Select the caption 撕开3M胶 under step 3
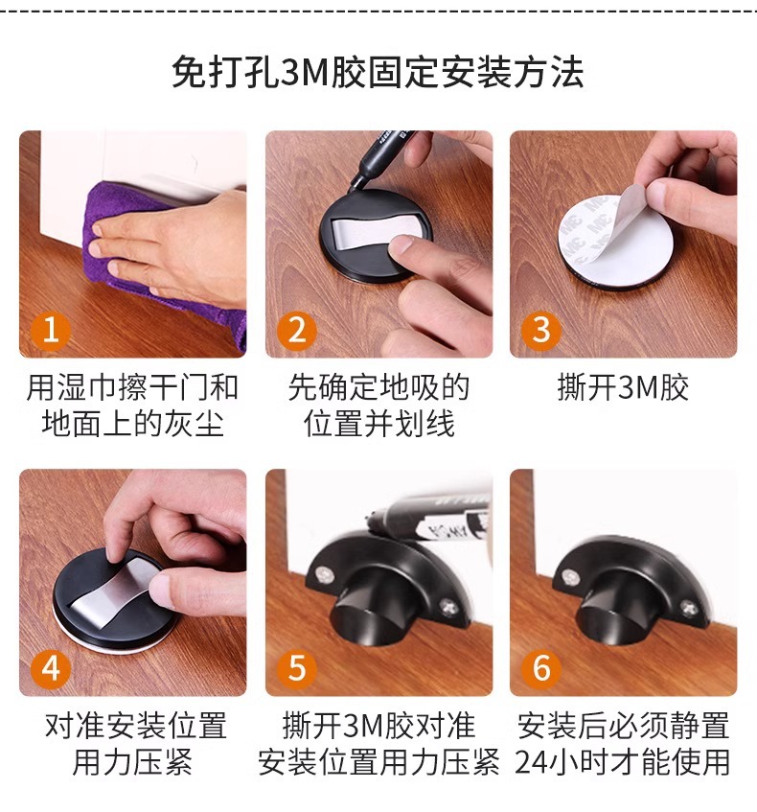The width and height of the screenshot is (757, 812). click(623, 388)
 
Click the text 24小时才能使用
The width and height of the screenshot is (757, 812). click(623, 762)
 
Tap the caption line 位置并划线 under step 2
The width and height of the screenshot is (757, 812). click(378, 423)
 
